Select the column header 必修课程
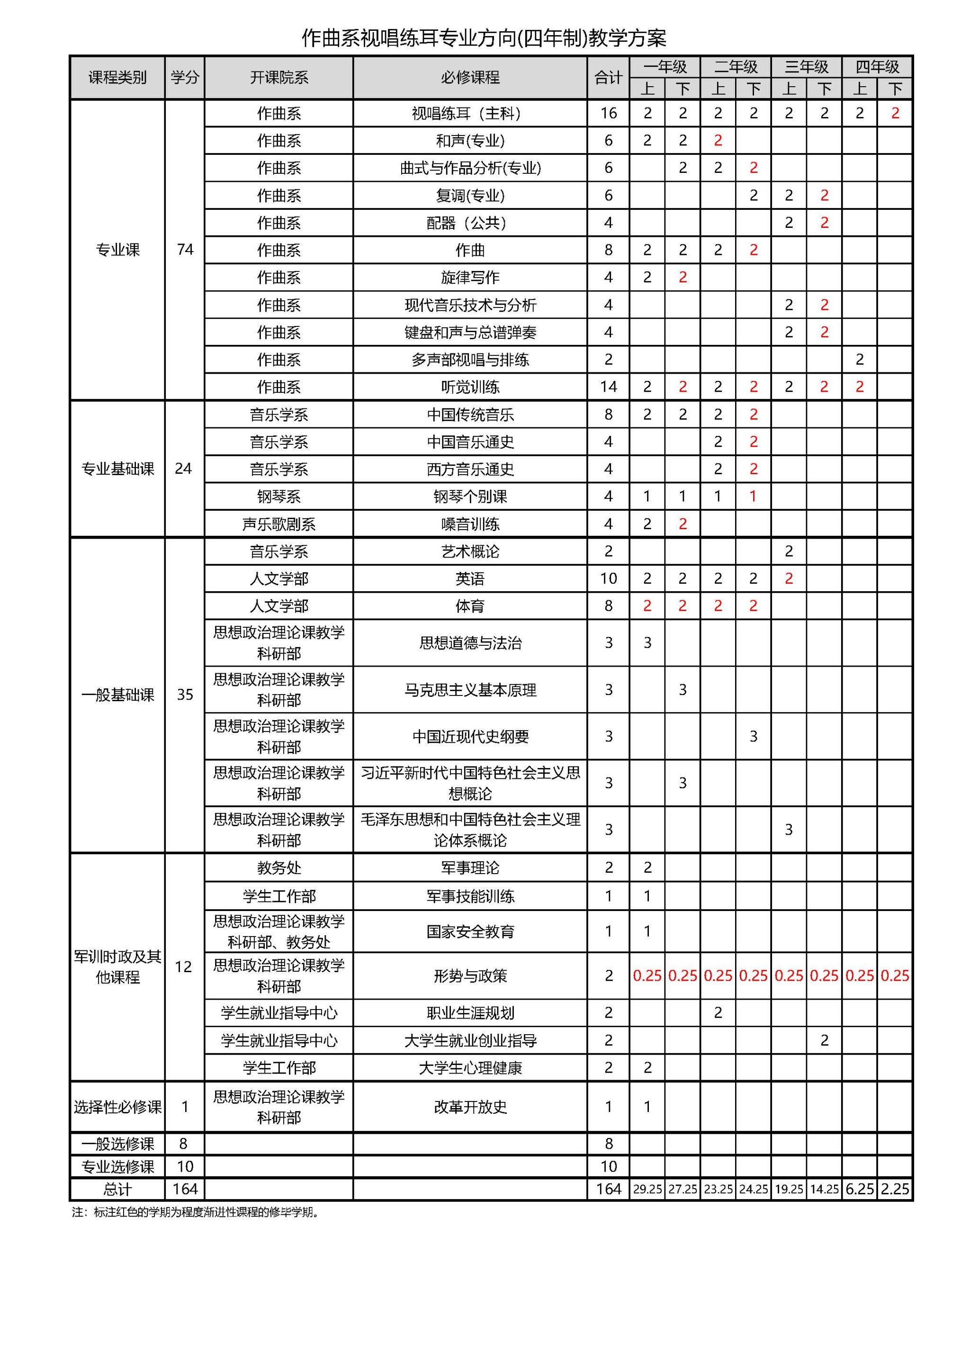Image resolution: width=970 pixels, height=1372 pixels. [470, 78]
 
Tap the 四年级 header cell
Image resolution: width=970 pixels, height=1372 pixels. [877, 66]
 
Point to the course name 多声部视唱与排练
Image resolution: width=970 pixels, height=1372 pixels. [470, 360]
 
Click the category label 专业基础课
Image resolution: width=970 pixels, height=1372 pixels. [117, 469]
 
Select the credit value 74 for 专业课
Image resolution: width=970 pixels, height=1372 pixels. [185, 250]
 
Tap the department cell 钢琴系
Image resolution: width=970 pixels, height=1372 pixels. [278, 496]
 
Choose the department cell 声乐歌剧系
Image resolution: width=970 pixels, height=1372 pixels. [278, 524]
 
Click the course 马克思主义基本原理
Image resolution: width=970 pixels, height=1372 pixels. [470, 690]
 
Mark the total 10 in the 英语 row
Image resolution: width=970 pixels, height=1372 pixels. [608, 578]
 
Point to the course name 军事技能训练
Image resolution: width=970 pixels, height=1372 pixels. [470, 896]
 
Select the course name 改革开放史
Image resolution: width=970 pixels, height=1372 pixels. [470, 1107]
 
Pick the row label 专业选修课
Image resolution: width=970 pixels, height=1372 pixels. [117, 1166]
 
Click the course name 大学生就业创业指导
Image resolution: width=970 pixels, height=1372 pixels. [470, 1041]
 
